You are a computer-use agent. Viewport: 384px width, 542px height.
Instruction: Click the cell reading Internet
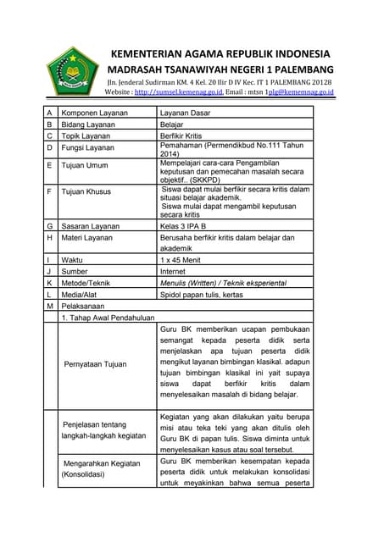click(178, 271)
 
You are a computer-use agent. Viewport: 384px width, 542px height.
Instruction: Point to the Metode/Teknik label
click(86, 283)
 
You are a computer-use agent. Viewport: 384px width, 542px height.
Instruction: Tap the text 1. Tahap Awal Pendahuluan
click(107, 318)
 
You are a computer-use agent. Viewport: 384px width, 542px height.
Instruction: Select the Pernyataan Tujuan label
click(96, 364)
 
